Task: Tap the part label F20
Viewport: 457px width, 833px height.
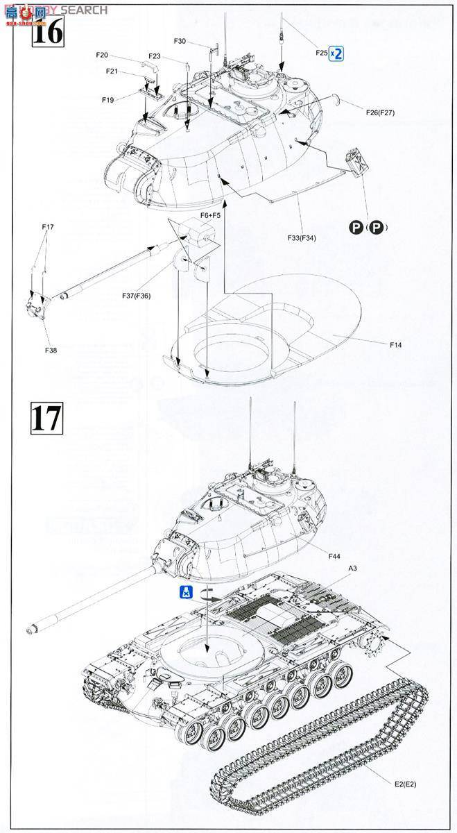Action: pos(102,54)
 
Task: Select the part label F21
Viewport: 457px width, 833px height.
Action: pos(112,71)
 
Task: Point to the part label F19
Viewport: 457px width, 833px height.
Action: pos(107,99)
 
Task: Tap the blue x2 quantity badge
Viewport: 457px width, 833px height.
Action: pos(336,53)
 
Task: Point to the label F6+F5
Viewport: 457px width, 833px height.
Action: pos(211,215)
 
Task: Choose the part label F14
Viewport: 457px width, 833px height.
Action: pos(396,344)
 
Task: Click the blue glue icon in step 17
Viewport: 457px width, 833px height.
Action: pos(185,592)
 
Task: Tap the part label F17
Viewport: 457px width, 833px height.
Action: pos(47,227)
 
